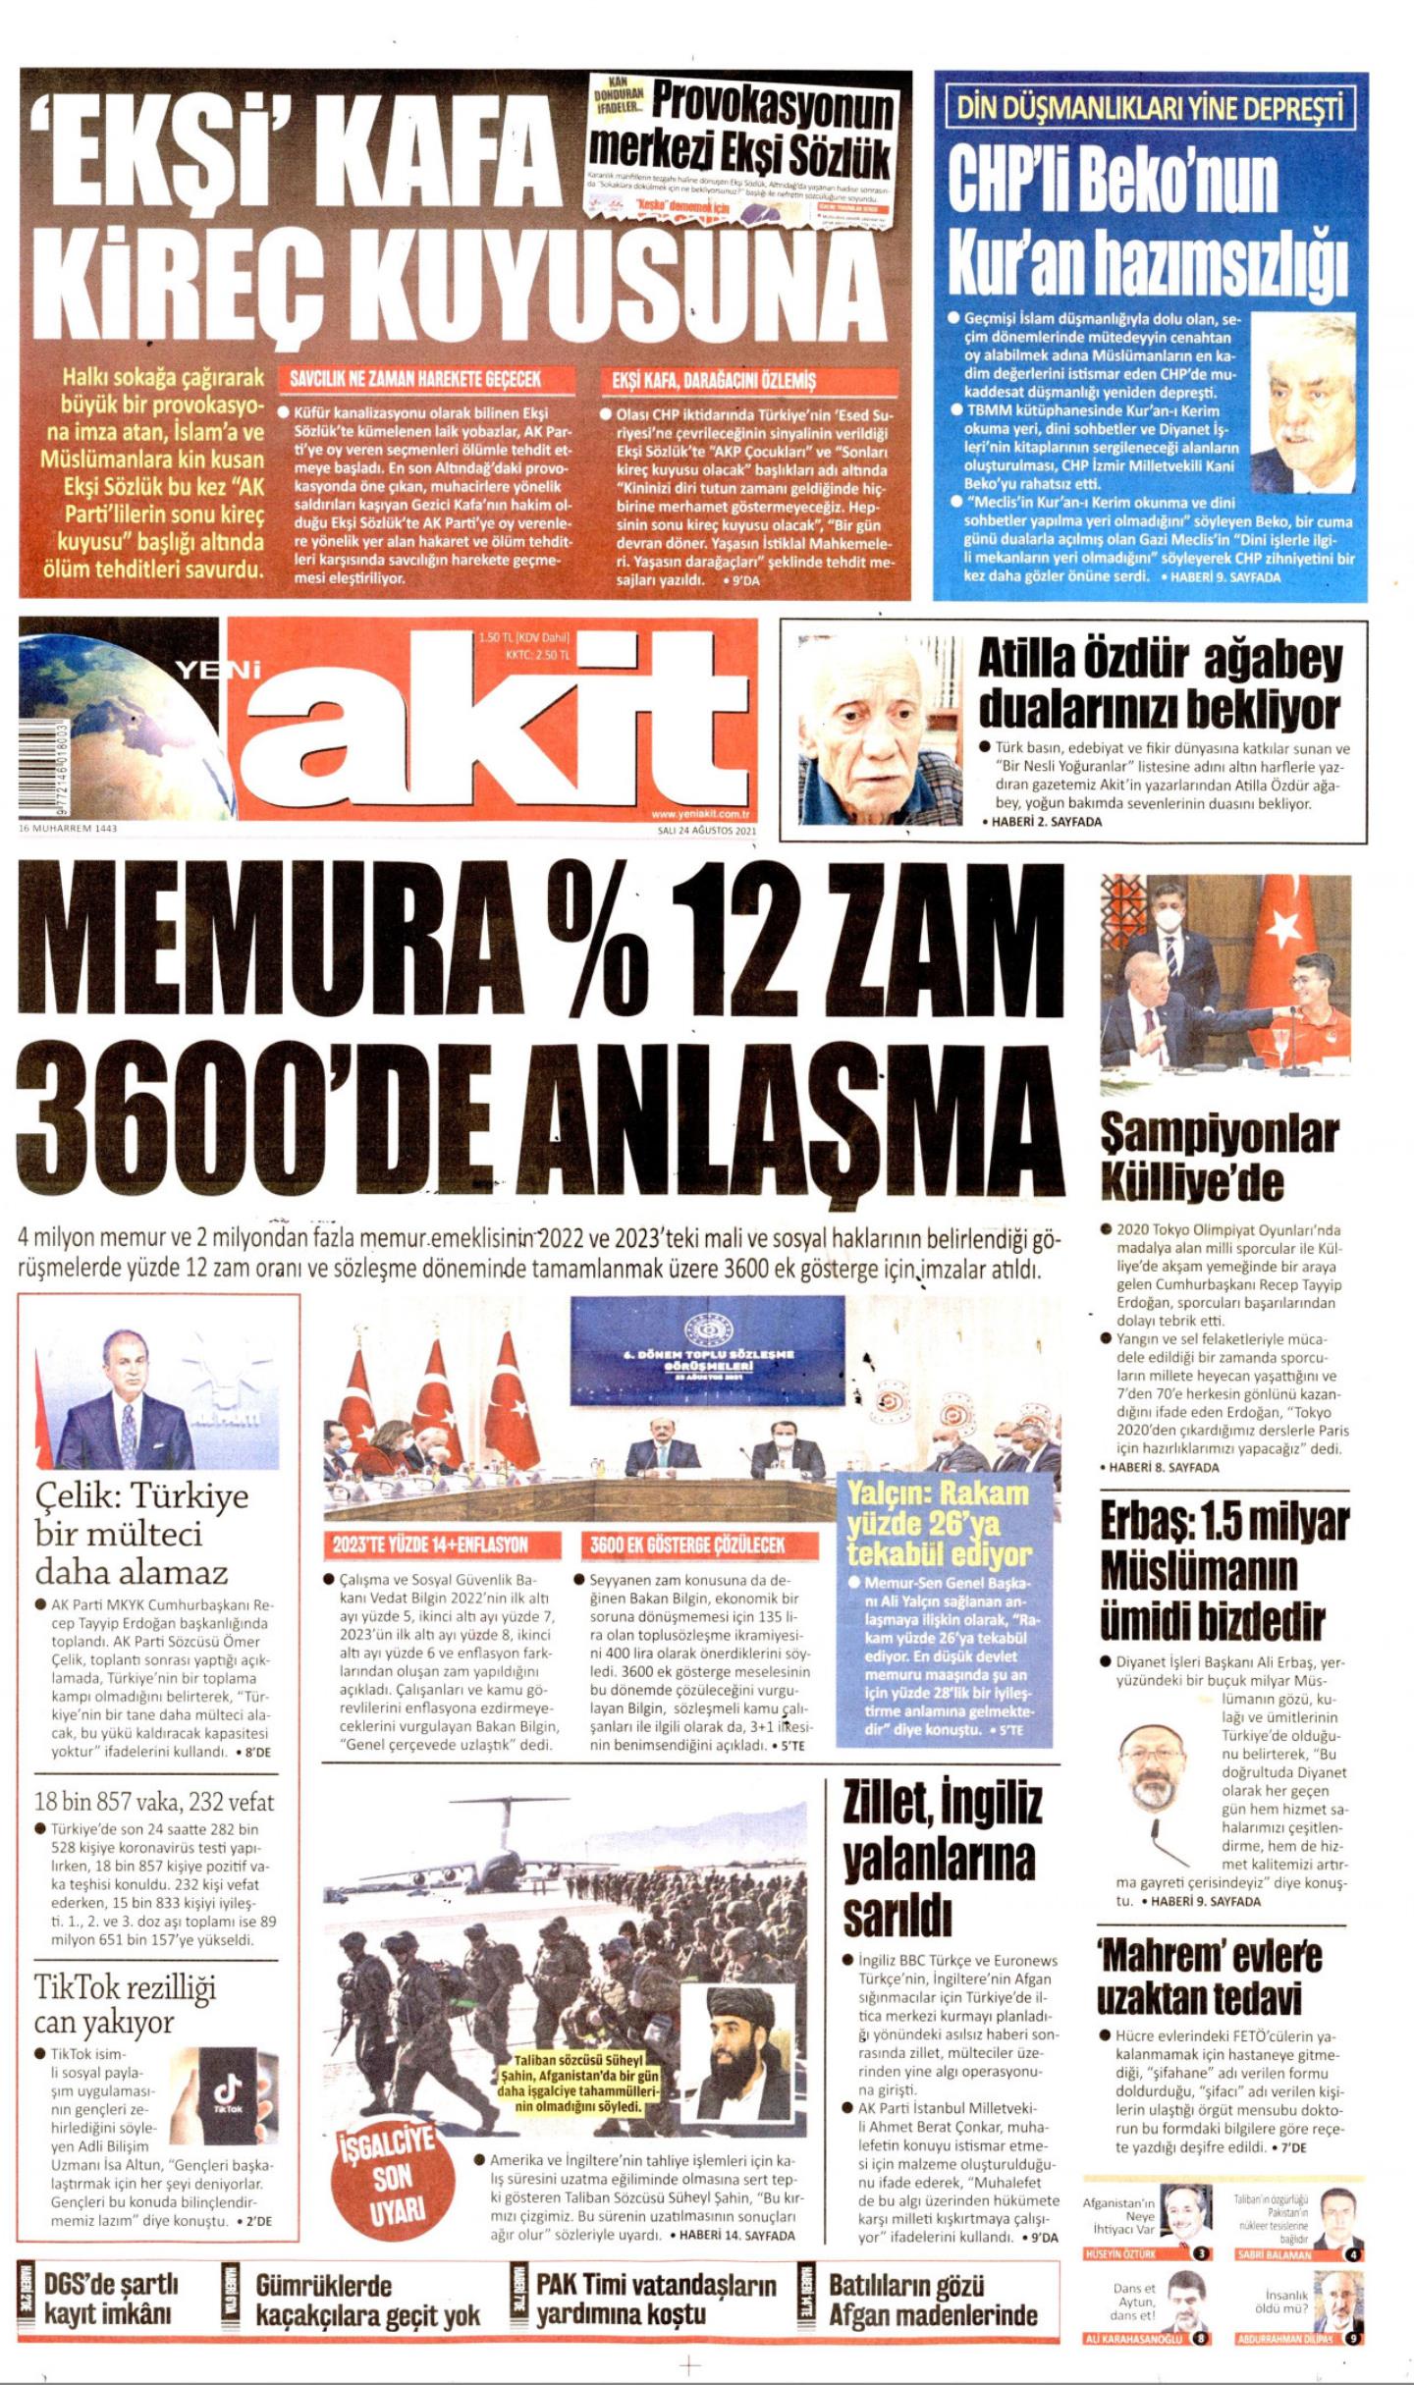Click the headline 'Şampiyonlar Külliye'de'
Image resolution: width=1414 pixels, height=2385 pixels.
[1218, 1156]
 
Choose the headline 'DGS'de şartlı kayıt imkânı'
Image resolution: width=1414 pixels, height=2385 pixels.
[111, 2299]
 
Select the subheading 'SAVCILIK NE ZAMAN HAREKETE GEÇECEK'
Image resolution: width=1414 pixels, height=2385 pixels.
[415, 380]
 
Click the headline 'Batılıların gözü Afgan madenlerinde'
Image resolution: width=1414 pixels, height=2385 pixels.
[932, 2299]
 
